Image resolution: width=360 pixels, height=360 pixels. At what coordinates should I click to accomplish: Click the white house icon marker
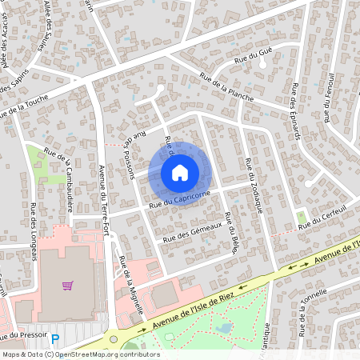[x=180, y=172]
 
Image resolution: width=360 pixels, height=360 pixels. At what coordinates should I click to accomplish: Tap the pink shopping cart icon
[x=68, y=285]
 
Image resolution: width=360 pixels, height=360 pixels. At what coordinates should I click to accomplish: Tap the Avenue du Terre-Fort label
[x=102, y=200]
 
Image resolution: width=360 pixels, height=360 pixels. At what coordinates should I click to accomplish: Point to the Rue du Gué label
[x=250, y=57]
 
